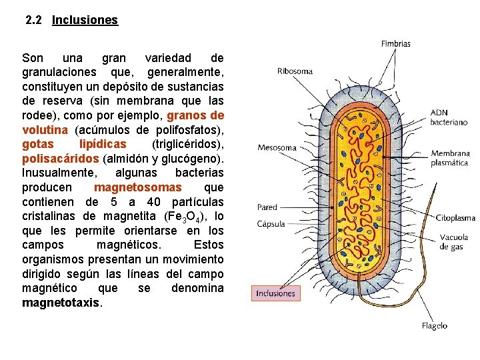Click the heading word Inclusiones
(85, 20)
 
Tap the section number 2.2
(34, 20)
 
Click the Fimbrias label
(396, 44)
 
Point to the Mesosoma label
(277, 147)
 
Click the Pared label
(267, 207)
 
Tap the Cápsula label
(271, 224)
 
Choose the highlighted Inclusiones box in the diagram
(276, 293)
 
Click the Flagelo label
(435, 326)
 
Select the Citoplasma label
(455, 217)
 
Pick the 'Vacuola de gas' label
(454, 241)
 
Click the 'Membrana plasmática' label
(450, 158)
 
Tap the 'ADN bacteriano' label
(449, 117)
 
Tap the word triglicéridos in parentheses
(189, 144)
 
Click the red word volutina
(45, 129)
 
